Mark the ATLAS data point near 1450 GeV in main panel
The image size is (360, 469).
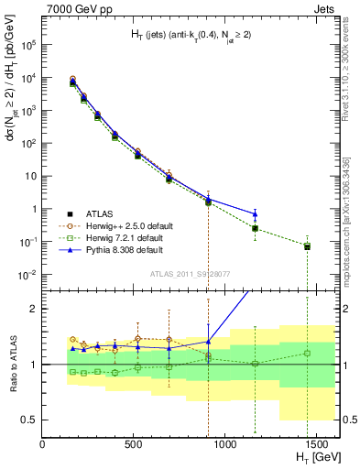click(307, 246)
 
